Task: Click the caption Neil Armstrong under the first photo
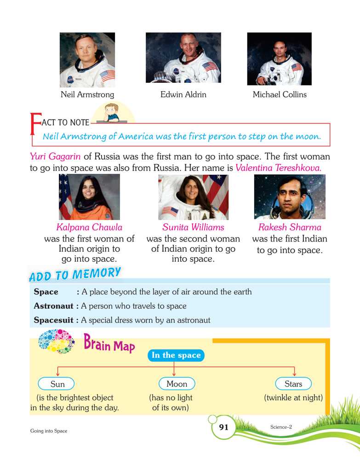[87, 95]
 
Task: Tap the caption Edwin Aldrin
[183, 95]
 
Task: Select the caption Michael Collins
[280, 95]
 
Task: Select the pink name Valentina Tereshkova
[278, 168]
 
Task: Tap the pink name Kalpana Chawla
[89, 227]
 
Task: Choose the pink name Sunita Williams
[193, 227]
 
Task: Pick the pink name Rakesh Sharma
[290, 227]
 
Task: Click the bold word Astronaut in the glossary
[53, 306]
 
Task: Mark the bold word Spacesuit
[53, 320]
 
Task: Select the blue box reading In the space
[176, 355]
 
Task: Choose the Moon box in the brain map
[177, 384]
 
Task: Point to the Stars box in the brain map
[293, 384]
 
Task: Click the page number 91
[223, 427]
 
